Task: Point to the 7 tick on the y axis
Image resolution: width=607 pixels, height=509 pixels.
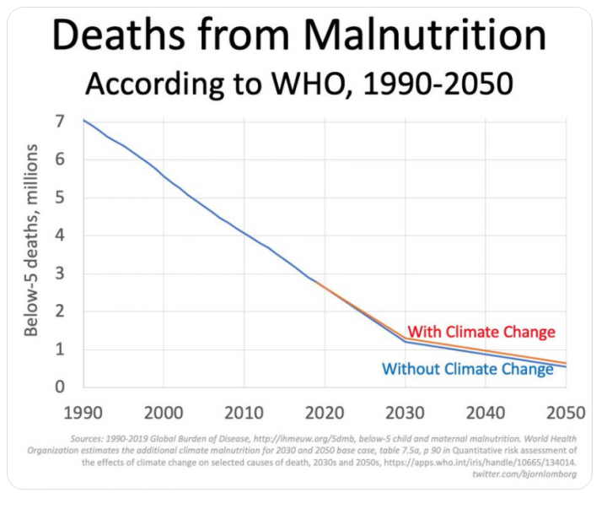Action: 60,122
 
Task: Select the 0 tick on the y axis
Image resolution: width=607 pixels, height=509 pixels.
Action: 60,387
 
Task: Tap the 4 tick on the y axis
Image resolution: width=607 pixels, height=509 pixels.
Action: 60,236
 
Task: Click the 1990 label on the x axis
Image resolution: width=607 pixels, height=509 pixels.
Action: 83,413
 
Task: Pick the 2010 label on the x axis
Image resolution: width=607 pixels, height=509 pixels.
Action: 244,413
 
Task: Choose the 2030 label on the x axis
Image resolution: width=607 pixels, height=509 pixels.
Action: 406,413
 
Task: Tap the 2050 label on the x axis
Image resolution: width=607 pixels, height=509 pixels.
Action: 566,413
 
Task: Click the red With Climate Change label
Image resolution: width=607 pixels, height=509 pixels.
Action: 481,332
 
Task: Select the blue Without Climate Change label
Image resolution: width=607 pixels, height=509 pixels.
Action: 468,369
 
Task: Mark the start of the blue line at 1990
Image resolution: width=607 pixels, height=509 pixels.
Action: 83,121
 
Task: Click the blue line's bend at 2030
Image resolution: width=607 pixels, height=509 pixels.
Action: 406,341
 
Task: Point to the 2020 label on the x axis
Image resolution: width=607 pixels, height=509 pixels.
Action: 325,413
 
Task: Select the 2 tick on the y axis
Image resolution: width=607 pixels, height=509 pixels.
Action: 60,311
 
